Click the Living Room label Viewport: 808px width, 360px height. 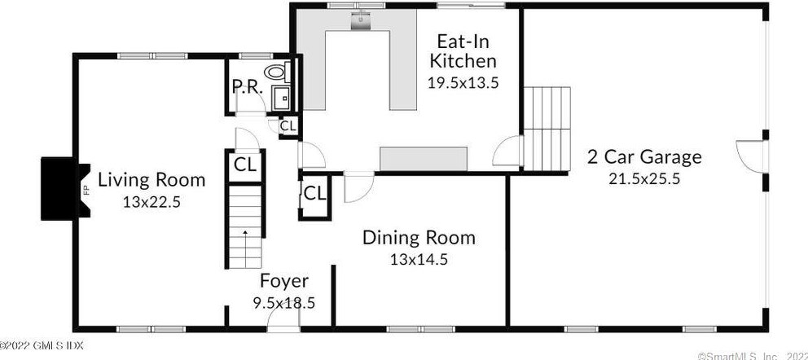[x=151, y=180]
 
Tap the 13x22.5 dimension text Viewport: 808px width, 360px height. [x=151, y=203]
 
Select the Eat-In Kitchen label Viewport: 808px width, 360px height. [x=463, y=50]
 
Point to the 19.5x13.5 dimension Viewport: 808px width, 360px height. [x=463, y=82]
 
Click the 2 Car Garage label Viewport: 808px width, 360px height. [x=644, y=156]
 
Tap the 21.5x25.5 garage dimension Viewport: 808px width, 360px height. [x=644, y=178]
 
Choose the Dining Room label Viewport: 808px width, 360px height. [x=419, y=238]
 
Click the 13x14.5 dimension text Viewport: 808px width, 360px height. [x=419, y=259]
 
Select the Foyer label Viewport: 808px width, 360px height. [x=284, y=281]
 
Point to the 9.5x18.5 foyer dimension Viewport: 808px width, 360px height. [x=283, y=303]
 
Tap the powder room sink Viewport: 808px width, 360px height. [x=281, y=98]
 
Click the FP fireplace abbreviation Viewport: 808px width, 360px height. [x=85, y=189]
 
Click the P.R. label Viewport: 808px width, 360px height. [x=248, y=86]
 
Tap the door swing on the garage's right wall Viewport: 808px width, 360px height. [x=750, y=156]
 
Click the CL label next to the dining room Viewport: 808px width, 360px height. [x=315, y=194]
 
